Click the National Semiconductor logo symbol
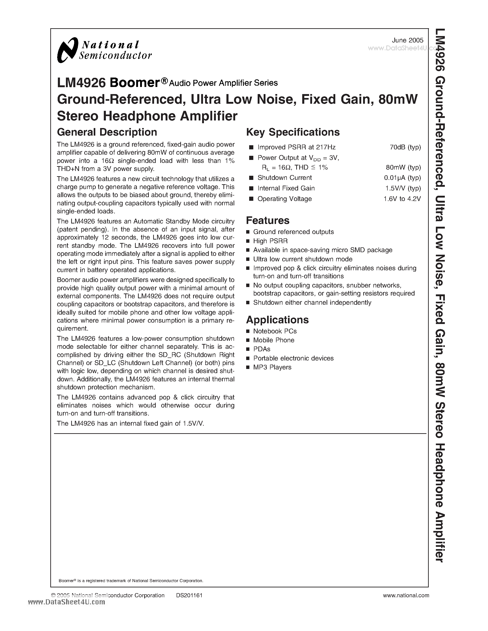pyautogui.click(x=67, y=50)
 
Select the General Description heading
pyautogui.click(x=107, y=132)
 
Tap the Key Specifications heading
pyautogui.click(x=293, y=132)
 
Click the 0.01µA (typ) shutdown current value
pyautogui.click(x=402, y=178)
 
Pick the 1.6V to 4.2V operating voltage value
pyautogui.click(x=402, y=199)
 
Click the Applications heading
pyautogui.click(x=277, y=320)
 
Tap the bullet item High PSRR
pyautogui.click(x=270, y=241)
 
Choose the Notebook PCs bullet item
pyautogui.click(x=275, y=331)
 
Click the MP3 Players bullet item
pyautogui.click(x=272, y=367)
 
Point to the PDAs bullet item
pyautogui.click(x=262, y=349)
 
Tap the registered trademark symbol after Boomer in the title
pyautogui.click(x=164, y=81)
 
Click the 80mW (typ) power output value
pyautogui.click(x=403, y=168)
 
